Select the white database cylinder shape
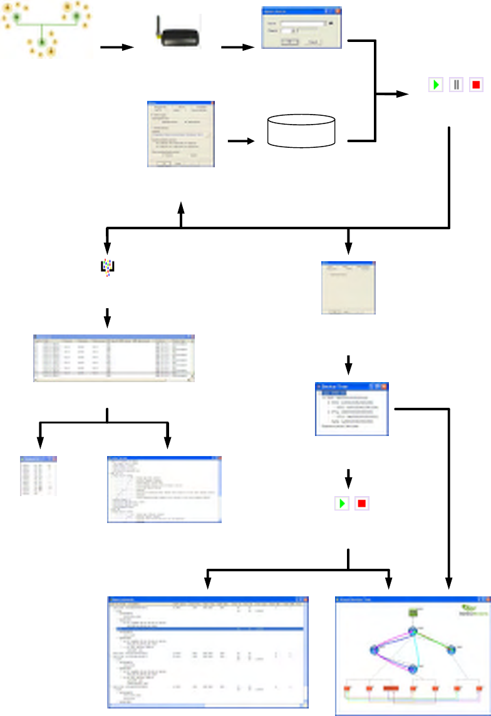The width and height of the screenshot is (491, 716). click(301, 130)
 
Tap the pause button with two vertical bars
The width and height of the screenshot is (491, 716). click(455, 85)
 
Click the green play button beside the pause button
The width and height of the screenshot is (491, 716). click(435, 85)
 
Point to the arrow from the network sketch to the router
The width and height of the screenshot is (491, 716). click(117, 48)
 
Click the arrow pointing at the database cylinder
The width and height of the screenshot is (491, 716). click(241, 141)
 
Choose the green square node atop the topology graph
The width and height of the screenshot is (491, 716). click(413, 612)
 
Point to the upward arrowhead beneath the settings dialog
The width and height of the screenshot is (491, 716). click(182, 207)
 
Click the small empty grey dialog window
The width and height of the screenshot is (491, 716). click(349, 288)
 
